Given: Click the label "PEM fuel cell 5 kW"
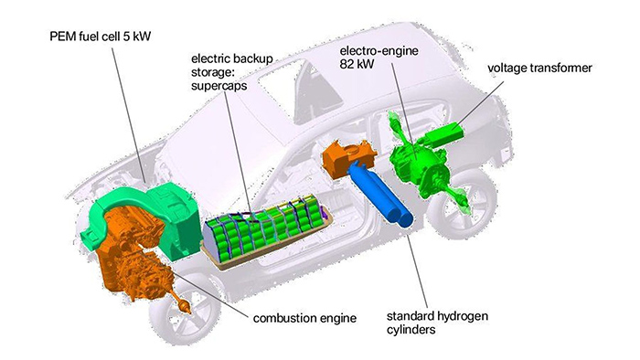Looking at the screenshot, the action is click(x=100, y=37).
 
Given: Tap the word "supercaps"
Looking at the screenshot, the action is click(x=219, y=87).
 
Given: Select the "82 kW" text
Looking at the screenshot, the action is click(x=357, y=64).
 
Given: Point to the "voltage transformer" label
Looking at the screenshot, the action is click(x=539, y=68).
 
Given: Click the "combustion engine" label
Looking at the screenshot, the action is click(x=304, y=318).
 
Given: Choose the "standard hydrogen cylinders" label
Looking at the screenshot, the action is click(x=437, y=323).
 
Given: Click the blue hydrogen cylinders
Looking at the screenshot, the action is click(x=381, y=194).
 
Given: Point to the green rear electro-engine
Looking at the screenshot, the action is click(x=421, y=163).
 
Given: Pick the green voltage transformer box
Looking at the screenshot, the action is click(x=445, y=133).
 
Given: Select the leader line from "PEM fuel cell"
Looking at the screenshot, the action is click(x=128, y=113).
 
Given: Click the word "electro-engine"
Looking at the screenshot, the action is click(x=379, y=51).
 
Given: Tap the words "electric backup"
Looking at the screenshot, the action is click(x=232, y=58).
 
